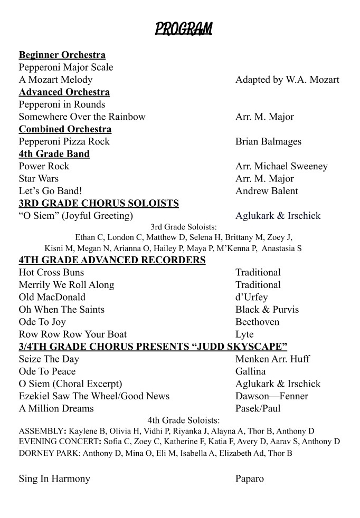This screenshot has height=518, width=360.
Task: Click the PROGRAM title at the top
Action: pyautogui.click(x=183, y=28)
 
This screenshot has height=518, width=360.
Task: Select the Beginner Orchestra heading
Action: pyautogui.click(x=62, y=55)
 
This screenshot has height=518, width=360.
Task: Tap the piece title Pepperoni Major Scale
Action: pyautogui.click(x=66, y=68)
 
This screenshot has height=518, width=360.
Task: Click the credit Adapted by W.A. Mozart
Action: pyautogui.click(x=287, y=80)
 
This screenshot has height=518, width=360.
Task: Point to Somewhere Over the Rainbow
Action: pyautogui.click(x=82, y=117)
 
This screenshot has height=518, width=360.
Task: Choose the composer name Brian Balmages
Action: pyautogui.click(x=268, y=141)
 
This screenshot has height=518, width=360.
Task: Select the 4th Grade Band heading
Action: pyautogui.click(x=54, y=154)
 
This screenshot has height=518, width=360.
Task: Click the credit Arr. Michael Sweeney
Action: pyautogui.click(x=281, y=166)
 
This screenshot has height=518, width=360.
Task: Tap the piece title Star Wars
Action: pyautogui.click(x=39, y=178)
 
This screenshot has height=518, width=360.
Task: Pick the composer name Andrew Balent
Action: pyautogui.click(x=267, y=191)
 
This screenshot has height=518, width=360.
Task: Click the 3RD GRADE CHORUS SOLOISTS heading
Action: pyautogui.click(x=99, y=203)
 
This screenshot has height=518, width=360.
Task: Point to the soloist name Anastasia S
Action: pyautogui.click(x=281, y=248)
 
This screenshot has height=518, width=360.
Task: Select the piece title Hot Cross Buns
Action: pyautogui.click(x=51, y=272)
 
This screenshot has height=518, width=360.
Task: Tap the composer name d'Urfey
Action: pyautogui.click(x=251, y=297)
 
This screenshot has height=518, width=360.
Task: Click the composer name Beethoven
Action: pyautogui.click(x=257, y=322)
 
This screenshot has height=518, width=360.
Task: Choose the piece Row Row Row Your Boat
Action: pyautogui.click(x=72, y=334)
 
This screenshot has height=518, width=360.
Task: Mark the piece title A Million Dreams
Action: pyautogui.click(x=56, y=408)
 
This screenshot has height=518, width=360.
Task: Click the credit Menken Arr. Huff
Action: pyautogui.click(x=272, y=359)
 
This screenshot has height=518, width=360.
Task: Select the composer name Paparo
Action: pyautogui.click(x=249, y=479)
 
